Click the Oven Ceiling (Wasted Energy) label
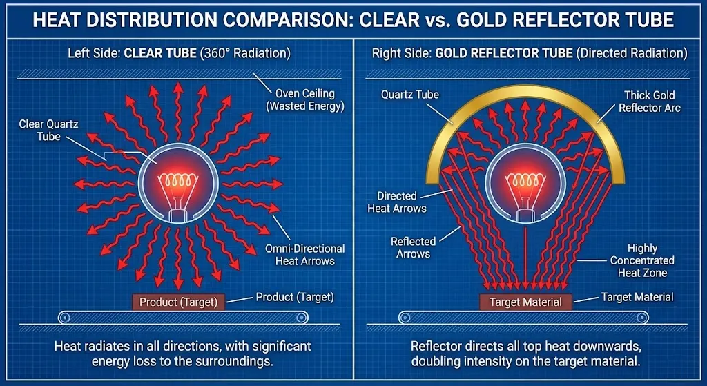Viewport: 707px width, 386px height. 309,99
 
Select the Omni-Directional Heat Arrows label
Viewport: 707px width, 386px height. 304,254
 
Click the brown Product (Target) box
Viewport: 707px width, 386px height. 178,302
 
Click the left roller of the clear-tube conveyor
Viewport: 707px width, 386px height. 64,318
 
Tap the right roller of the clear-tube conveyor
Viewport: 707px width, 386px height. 302,318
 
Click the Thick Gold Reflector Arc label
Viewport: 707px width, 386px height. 646,102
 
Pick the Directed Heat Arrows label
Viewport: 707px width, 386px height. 402,202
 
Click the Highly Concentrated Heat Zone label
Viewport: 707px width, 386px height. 642,260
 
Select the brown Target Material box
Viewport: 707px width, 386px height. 525,302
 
